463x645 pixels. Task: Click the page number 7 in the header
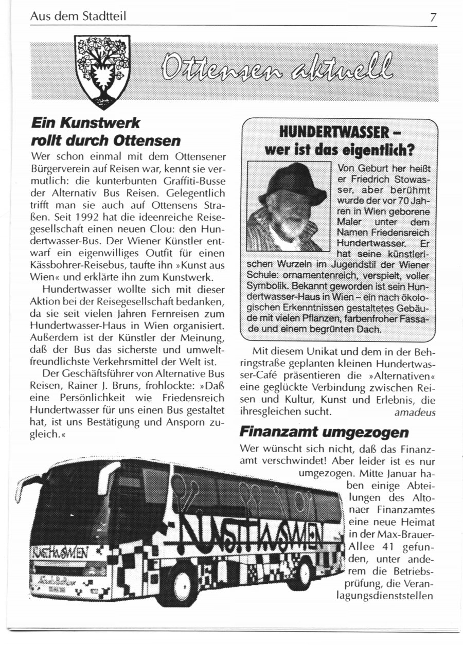coord(433,17)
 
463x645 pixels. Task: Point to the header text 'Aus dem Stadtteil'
coord(78,17)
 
